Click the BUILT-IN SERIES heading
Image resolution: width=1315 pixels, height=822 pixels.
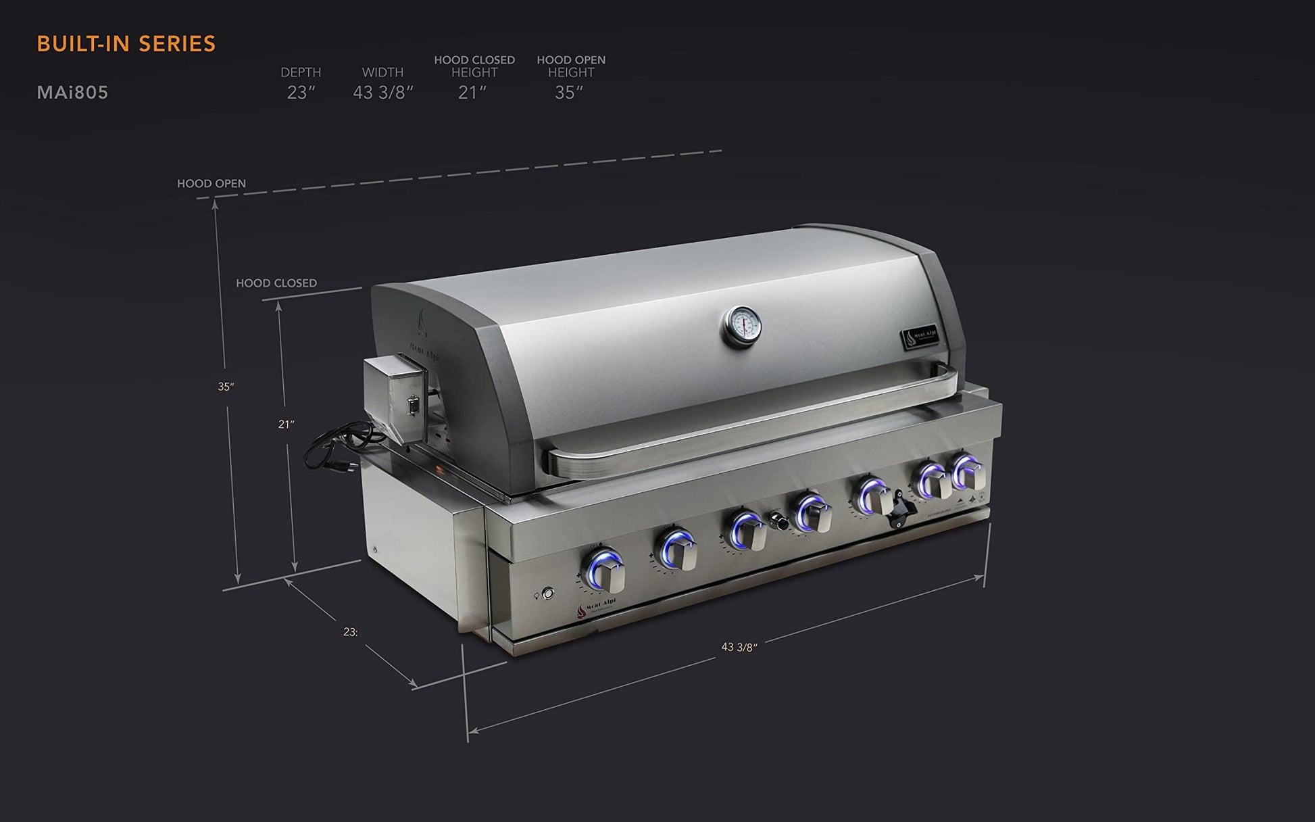(126, 44)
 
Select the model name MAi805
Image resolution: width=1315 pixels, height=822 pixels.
(72, 93)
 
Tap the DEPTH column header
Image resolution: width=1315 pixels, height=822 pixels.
(301, 72)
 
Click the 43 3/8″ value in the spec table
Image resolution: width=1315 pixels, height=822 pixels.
(383, 93)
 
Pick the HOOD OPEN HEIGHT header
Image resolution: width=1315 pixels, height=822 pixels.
(571, 66)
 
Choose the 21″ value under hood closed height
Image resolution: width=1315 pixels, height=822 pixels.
(472, 93)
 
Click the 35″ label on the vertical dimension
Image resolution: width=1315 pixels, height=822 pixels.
(226, 387)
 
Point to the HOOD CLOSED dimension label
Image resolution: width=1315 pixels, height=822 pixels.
(276, 283)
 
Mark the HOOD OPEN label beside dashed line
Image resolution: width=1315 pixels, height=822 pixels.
(212, 183)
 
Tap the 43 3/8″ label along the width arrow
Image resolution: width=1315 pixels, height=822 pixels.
(739, 647)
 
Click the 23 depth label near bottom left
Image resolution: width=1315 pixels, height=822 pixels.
(350, 632)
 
